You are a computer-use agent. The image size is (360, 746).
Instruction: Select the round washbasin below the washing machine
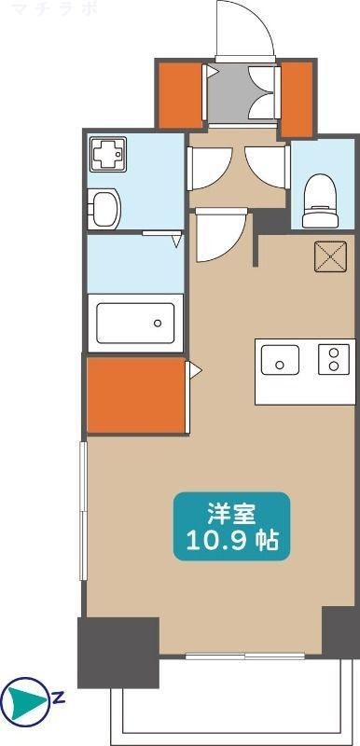105,208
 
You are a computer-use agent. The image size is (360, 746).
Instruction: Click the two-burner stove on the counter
331,359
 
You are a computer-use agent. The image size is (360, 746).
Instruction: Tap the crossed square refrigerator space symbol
329,256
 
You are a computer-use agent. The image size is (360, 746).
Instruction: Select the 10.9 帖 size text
231,541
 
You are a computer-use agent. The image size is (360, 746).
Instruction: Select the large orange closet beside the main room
136,394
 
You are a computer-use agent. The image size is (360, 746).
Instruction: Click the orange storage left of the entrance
178,94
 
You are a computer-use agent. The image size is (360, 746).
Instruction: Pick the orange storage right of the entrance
298,97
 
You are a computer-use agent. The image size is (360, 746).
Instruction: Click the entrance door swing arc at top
244,28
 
